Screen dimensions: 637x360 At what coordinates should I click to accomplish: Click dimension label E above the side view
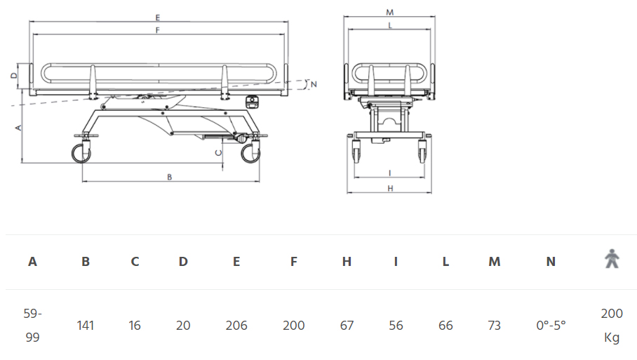(x=158, y=18)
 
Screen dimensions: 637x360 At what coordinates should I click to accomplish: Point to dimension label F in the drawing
(x=158, y=30)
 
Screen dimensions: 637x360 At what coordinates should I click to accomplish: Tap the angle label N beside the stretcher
(x=314, y=84)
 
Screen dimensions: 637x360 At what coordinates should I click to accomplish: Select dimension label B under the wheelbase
(x=169, y=177)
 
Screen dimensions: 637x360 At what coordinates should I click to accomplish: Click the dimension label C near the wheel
(x=219, y=153)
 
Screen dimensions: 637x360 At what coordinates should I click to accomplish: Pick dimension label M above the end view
(x=389, y=13)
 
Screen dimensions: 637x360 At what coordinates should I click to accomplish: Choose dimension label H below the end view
(x=390, y=189)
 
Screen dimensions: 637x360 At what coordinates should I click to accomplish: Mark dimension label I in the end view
(x=390, y=173)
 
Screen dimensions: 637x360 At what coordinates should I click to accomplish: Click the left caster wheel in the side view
(x=81, y=154)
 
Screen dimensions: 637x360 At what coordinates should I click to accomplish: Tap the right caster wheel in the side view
(x=250, y=154)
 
